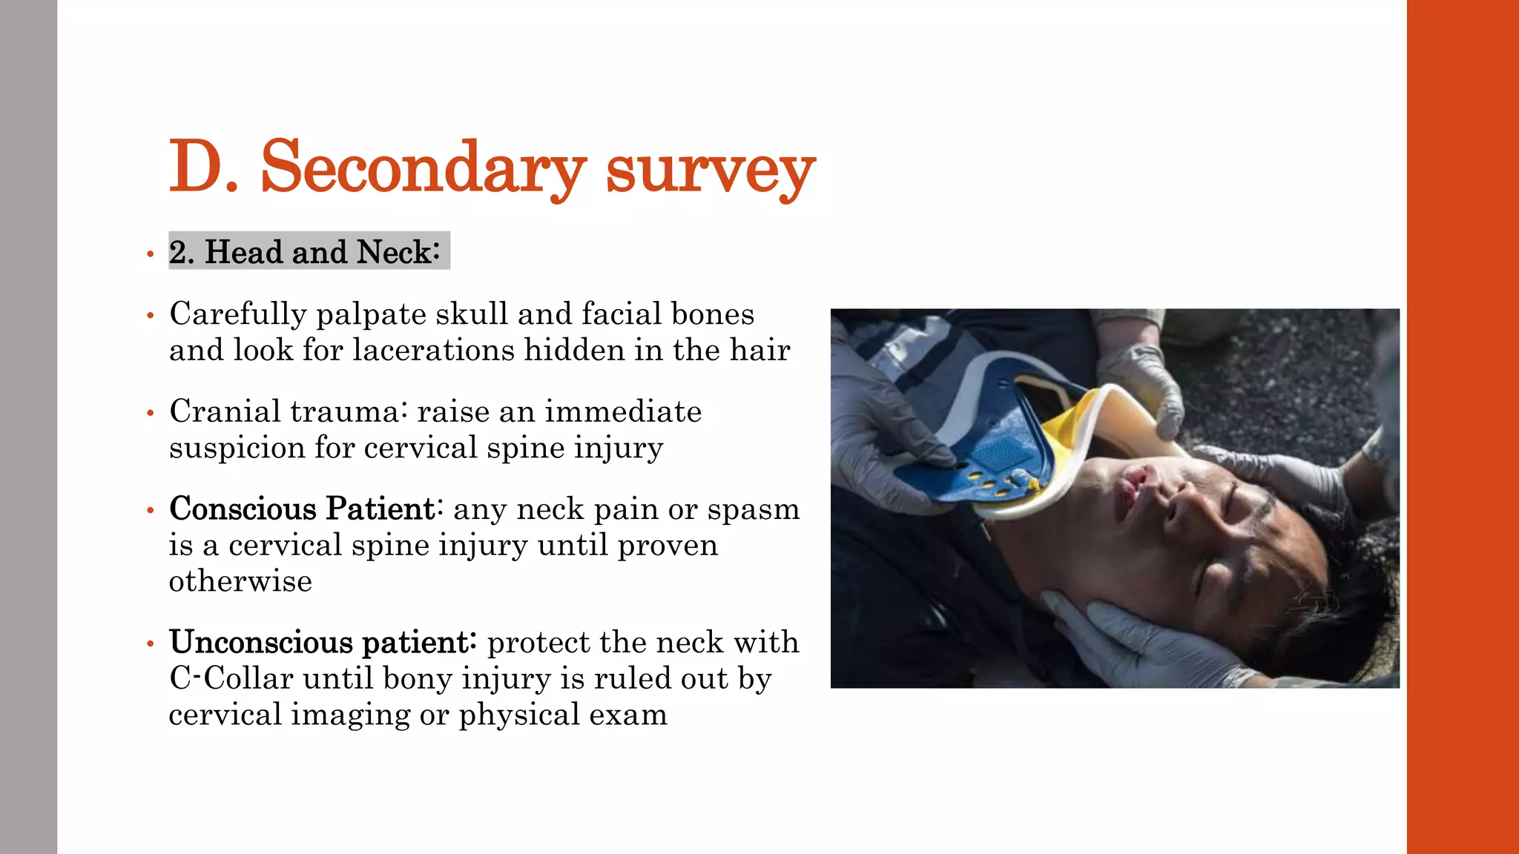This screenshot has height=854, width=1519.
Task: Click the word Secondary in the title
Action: (x=423, y=168)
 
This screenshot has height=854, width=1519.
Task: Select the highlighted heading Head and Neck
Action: (x=309, y=252)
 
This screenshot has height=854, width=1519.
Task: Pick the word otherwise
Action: (x=240, y=581)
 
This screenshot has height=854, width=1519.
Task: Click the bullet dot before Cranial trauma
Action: (x=151, y=413)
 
